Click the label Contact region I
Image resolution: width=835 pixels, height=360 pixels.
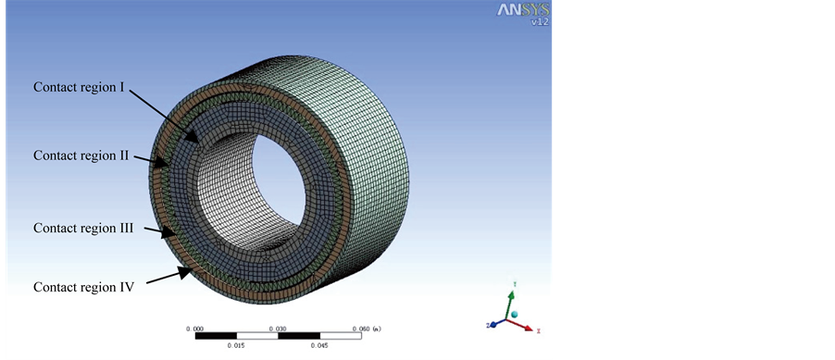tap(79, 87)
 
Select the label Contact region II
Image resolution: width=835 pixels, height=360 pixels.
tap(81, 155)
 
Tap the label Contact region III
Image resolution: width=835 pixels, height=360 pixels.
tap(83, 228)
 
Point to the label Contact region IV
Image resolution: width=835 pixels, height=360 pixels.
tap(83, 287)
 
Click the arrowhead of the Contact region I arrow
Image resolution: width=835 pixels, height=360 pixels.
tap(195, 137)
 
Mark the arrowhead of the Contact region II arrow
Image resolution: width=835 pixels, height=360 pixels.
tap(161, 161)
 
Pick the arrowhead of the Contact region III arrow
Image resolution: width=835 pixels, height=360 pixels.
tap(168, 231)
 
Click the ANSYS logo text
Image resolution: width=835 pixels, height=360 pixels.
tap(523, 10)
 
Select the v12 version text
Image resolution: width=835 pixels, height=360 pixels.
tap(540, 22)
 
